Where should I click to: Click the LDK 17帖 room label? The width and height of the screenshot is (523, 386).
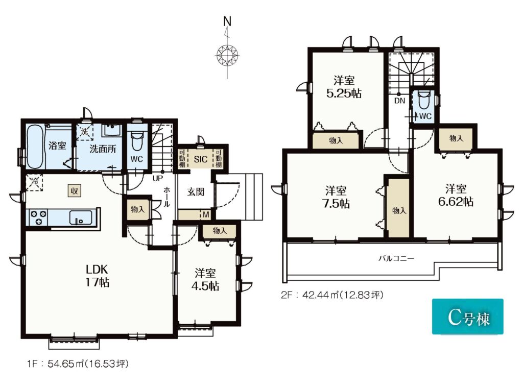click(x=98, y=275)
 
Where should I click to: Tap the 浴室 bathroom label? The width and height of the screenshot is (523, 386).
click(x=57, y=146)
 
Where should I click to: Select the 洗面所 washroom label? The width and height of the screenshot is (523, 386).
click(x=103, y=149)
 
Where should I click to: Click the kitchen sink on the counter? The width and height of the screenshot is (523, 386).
click(x=80, y=218)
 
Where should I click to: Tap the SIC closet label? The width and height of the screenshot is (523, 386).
click(x=200, y=159)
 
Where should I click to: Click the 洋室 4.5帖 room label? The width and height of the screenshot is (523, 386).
click(x=205, y=280)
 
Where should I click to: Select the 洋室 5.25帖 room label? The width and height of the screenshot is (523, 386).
click(x=344, y=87)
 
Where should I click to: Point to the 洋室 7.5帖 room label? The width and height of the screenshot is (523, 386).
click(x=336, y=197)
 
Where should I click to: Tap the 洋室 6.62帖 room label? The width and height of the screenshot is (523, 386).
click(x=456, y=196)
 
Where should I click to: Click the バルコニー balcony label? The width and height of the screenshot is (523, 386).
click(x=396, y=258)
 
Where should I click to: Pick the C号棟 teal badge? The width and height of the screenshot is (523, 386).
click(x=468, y=317)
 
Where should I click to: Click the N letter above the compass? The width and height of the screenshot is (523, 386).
click(x=227, y=21)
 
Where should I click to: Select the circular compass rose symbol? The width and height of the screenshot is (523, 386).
click(x=228, y=55)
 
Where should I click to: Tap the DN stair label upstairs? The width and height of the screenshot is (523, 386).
click(x=399, y=101)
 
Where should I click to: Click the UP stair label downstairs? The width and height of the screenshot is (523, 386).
click(x=157, y=179)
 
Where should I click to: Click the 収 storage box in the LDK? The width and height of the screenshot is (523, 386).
click(x=75, y=191)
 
